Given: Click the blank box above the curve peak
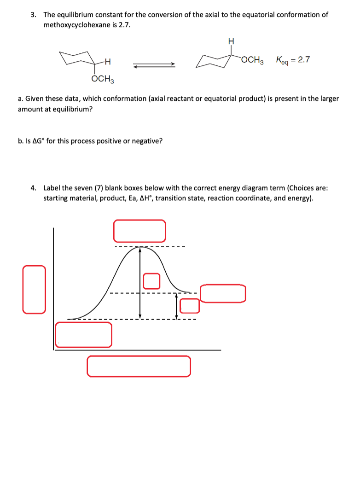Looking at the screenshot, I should pos(139,231).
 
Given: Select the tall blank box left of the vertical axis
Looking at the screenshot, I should pos(35,289).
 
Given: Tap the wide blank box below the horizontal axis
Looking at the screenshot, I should pos(139,366).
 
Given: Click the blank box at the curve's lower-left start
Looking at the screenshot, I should pos(83,334).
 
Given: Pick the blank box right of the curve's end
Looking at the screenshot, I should pos(223,293).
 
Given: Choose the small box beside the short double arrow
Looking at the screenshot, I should pos(189,305).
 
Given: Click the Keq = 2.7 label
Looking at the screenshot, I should pos(293,60).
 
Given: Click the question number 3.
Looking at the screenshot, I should pos(33,15).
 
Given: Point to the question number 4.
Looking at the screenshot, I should pos(33,188).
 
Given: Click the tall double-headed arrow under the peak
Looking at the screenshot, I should pos(140,283).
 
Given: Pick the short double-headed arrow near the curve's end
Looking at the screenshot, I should pos(176,306).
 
